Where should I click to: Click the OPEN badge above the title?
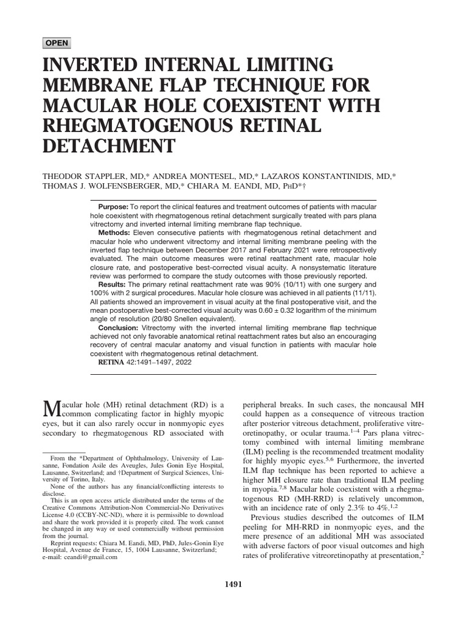[x=57, y=43]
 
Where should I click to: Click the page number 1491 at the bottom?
[x=233, y=585]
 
